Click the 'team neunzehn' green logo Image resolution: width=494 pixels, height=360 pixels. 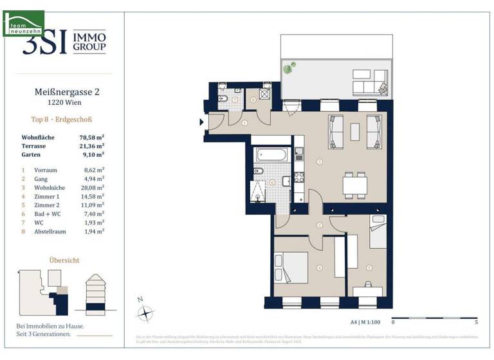23,22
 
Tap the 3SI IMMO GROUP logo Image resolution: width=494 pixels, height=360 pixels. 64,42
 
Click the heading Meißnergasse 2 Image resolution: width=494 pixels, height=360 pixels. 67,92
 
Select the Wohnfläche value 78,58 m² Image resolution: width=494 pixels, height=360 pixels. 92,138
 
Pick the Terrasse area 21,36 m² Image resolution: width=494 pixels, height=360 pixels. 92,146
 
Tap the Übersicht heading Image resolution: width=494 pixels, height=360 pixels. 64,260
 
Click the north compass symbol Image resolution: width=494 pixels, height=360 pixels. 146,312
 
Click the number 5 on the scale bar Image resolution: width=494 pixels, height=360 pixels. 475,322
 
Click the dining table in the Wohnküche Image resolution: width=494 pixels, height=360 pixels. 354,186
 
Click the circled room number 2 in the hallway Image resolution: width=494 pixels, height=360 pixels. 320,225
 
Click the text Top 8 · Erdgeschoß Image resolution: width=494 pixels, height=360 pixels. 67,120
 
